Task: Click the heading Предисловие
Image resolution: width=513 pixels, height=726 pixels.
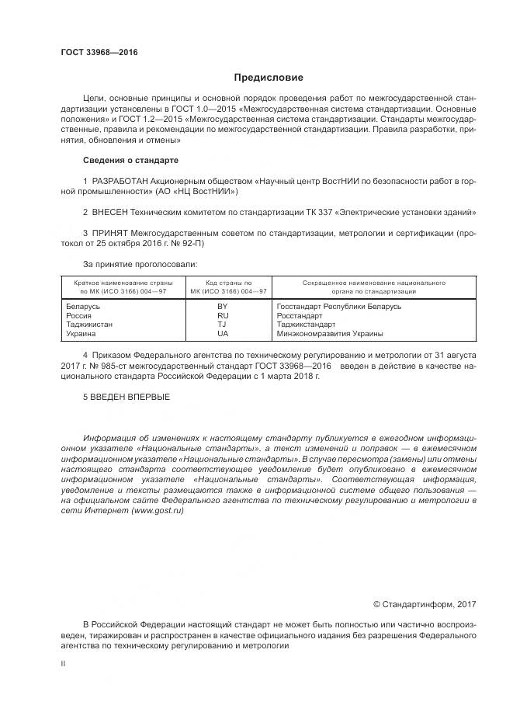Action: coord(269,78)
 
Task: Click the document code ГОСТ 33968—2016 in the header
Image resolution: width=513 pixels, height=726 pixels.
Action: coord(99,52)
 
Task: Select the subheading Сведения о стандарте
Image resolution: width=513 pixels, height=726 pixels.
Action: coord(130,160)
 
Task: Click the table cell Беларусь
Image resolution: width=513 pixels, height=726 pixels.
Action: coord(85,307)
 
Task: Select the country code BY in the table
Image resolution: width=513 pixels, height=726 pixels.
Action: coord(223,307)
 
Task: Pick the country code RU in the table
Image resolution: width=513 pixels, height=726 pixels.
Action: coord(223,316)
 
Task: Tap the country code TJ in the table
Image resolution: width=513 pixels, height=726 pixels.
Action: coord(223,325)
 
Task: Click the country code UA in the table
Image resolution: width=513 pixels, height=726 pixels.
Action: coord(223,333)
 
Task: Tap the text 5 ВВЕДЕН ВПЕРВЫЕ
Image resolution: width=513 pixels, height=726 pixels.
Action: coord(126,397)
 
